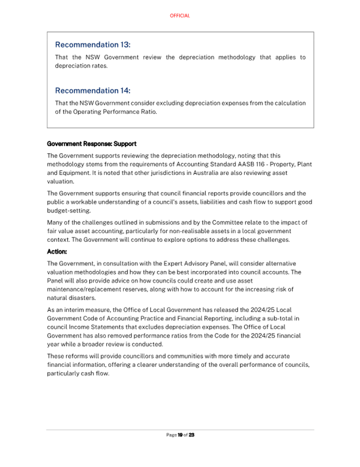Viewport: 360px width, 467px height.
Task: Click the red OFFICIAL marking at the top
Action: pyautogui.click(x=180, y=16)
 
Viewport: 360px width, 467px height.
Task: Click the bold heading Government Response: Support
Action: pyautogui.click(x=92, y=144)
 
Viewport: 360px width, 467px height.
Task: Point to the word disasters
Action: pyautogui.click(x=83, y=298)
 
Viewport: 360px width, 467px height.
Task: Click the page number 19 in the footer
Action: pyautogui.click(x=180, y=435)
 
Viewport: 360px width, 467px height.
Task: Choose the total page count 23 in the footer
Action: pyautogui.click(x=191, y=435)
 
